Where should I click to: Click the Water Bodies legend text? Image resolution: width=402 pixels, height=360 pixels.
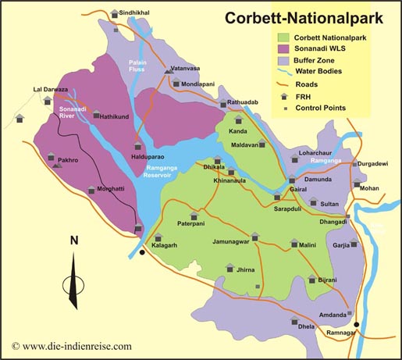click(323, 72)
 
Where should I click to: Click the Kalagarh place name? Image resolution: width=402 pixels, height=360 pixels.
click(165, 244)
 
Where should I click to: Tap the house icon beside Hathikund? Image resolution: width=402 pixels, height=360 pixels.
click(96, 116)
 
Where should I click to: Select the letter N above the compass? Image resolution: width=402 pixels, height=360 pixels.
click(73, 241)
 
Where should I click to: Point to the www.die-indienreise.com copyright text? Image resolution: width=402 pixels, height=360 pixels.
click(72, 346)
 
